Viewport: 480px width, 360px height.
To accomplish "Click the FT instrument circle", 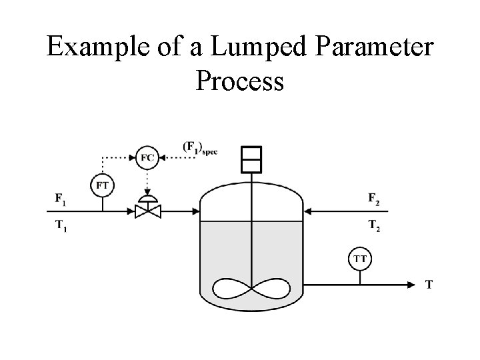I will tap(103, 185).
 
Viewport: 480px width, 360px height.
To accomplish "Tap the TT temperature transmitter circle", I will tap(360, 257).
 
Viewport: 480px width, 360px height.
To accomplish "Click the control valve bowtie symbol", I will tap(147, 211).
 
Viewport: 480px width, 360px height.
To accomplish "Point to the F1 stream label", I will tap(60, 198).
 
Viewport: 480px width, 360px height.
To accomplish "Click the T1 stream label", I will tap(60, 225).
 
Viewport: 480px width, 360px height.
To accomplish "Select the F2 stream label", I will tap(375, 198).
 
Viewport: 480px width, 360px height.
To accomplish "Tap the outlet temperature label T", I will tap(429, 285).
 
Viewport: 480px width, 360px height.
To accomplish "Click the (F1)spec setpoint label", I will tap(199, 147).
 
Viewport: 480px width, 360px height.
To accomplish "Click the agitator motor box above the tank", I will tap(251, 159).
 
